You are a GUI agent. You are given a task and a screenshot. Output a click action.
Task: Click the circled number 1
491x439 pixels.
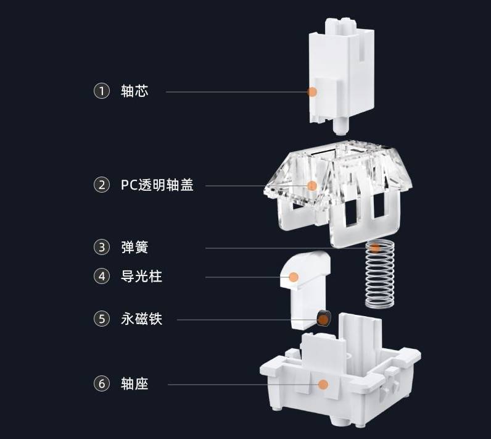coord(101,91)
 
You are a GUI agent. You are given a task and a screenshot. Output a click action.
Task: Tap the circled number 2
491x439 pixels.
coord(101,185)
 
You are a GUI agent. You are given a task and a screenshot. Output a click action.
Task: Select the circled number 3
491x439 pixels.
coord(101,248)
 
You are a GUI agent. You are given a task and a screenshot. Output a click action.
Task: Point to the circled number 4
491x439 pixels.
coord(101,277)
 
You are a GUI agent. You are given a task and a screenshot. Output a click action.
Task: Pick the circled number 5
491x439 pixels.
coord(101,319)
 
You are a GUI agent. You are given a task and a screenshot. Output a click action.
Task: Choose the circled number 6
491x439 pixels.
coord(101,384)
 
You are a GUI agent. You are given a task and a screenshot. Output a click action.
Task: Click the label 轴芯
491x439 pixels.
coord(134,91)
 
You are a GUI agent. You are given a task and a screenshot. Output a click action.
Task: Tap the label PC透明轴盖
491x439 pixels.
coord(157,185)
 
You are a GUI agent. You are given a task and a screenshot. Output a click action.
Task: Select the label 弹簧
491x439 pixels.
coord(134,248)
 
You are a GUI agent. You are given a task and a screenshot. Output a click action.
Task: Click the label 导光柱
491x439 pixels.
coord(141,277)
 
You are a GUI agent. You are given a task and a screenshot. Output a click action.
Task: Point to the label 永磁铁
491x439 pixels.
coord(141,319)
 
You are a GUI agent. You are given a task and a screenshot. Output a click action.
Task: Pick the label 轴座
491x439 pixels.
coord(134,384)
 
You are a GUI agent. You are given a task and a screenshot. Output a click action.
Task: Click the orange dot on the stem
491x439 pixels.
coord(312,92)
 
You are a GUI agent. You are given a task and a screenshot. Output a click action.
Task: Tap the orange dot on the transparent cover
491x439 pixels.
coord(312,185)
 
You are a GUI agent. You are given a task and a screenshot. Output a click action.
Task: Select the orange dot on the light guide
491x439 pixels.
coord(294,277)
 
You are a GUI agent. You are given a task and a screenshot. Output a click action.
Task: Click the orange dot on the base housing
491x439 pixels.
coord(322,384)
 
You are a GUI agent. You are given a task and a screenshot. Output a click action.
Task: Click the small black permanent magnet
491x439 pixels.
coord(323,319)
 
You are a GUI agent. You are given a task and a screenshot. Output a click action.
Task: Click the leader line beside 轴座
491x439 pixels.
coord(241,384)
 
